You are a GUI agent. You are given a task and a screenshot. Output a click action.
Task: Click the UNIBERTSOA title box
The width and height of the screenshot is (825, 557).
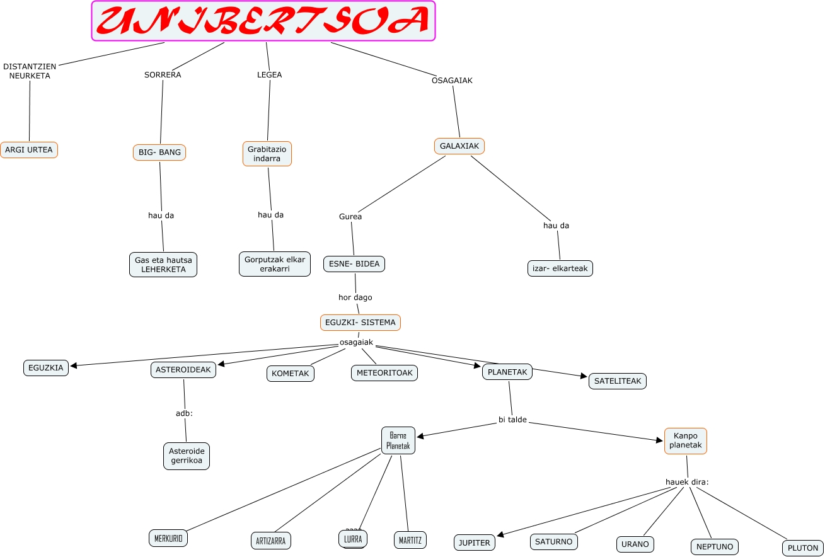pos(263,21)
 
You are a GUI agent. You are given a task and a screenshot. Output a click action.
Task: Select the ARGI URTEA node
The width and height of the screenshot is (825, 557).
pos(29,150)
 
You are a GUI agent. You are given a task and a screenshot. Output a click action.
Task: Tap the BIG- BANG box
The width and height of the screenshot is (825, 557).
pos(159,152)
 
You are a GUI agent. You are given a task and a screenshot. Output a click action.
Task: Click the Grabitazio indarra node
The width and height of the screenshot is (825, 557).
pos(267,154)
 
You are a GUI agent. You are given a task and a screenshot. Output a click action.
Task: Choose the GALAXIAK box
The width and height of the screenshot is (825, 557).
pos(459,146)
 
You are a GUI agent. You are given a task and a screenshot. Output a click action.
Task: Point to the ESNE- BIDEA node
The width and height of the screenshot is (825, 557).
pos(354,264)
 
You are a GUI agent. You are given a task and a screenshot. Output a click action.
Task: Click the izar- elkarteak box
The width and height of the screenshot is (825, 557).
pos(560,268)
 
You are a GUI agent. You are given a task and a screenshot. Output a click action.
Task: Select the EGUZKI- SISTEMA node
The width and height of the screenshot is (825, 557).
pos(361,323)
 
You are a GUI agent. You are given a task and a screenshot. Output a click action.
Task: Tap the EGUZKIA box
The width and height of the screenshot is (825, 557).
pos(46,368)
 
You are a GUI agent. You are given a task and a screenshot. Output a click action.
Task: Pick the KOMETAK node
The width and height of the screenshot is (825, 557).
pos(290,374)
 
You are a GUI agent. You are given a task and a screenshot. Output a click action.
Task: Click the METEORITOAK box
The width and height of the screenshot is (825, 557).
pos(384,373)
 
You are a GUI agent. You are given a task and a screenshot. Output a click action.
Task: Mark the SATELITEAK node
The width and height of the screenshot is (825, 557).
pos(618,381)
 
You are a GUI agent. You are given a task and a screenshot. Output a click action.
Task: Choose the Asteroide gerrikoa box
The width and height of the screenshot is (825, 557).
pos(187,456)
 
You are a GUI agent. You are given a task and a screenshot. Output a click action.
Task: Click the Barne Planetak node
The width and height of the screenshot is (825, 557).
pos(398,440)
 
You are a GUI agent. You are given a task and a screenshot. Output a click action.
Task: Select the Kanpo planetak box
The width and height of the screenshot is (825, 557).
pos(686,440)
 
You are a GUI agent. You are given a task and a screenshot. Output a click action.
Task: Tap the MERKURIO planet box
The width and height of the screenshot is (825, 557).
pos(168,538)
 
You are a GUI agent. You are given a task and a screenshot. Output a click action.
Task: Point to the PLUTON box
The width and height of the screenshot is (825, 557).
pos(803,548)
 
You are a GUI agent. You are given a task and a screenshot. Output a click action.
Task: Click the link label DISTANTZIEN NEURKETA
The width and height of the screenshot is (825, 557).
pos(30,71)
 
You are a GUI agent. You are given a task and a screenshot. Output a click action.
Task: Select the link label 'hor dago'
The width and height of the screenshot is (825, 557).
pos(355,297)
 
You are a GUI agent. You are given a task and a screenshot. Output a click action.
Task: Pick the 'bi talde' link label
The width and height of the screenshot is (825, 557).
pos(512,420)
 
